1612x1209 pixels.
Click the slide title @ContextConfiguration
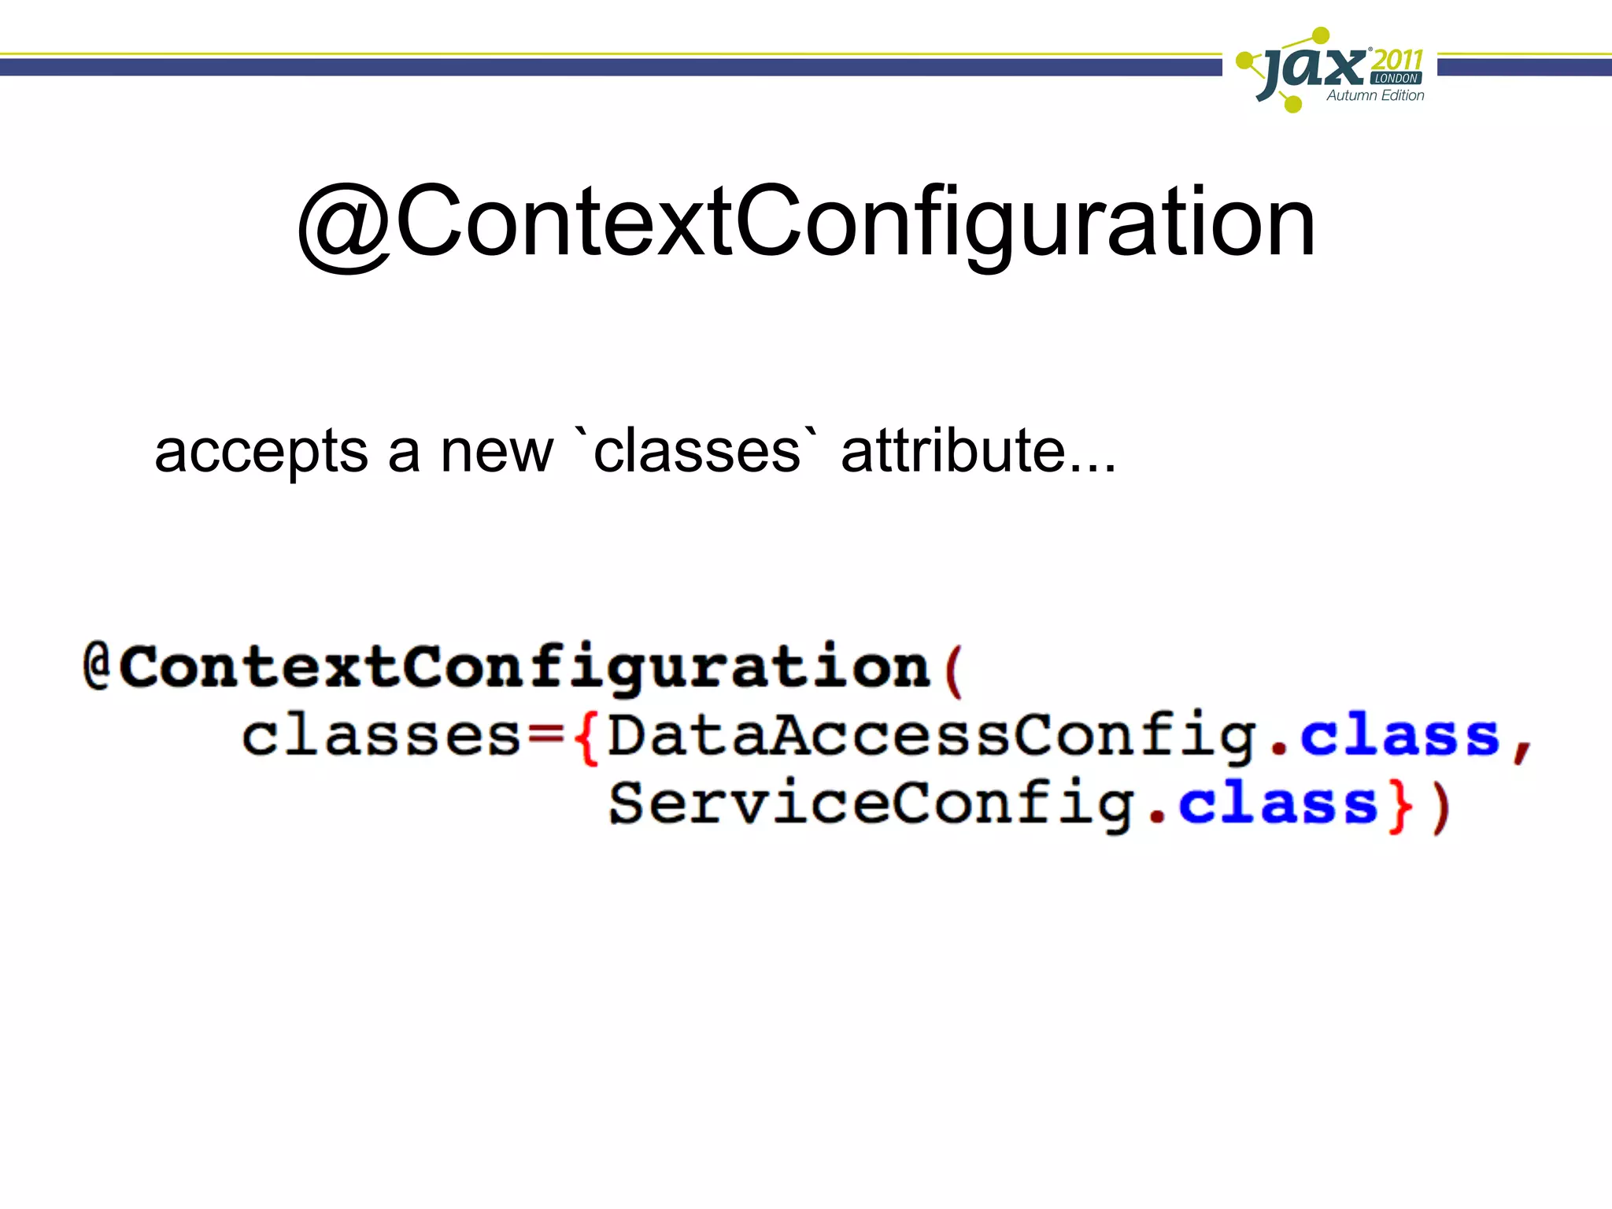point(806,222)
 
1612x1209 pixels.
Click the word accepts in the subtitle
point(261,452)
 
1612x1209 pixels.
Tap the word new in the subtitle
point(497,452)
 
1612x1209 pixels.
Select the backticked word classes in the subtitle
point(697,452)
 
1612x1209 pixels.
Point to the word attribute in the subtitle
point(952,452)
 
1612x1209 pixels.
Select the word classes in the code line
point(381,736)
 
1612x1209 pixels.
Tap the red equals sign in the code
point(545,736)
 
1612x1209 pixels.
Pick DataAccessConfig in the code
point(933,736)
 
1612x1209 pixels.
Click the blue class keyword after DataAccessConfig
point(1399,736)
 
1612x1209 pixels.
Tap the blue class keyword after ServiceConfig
point(1277,804)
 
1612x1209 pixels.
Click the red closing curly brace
point(1400,806)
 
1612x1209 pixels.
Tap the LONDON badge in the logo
point(1396,78)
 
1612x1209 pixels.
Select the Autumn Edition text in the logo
point(1375,95)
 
